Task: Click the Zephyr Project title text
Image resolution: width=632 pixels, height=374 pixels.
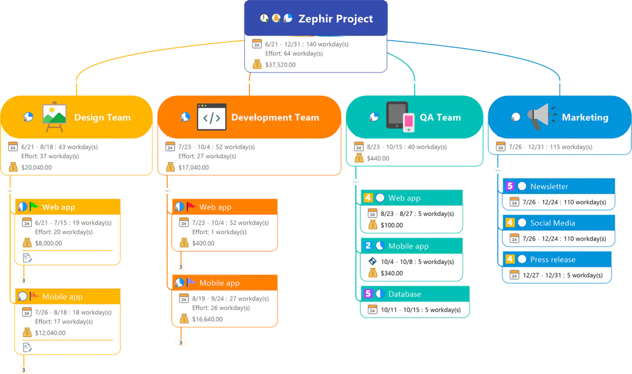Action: coord(335,19)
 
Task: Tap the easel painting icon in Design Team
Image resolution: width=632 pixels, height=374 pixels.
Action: coord(54,117)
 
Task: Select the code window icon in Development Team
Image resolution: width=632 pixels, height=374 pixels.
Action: coord(212,117)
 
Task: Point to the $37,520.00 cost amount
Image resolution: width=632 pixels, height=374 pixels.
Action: coord(280,65)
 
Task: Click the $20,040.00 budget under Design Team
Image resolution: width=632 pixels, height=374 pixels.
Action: coord(37,167)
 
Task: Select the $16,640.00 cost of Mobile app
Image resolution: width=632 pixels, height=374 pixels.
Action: coord(207,319)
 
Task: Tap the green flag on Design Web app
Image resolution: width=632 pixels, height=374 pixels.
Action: coord(34,206)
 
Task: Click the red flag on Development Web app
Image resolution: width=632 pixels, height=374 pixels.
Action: coord(191,206)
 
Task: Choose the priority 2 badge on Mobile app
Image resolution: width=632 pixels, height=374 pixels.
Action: coord(368,246)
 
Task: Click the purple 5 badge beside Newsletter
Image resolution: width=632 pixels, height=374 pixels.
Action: coord(510,186)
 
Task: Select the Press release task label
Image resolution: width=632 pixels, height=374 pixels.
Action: coord(553,259)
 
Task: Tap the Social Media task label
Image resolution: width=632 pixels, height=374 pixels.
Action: coord(553,223)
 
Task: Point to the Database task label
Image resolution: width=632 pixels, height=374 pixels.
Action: coord(405,294)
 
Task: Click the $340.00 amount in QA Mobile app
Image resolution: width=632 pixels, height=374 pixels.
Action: coord(392,273)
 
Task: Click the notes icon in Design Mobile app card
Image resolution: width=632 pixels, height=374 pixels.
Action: coord(27,348)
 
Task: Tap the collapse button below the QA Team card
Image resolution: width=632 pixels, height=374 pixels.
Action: coord(356,182)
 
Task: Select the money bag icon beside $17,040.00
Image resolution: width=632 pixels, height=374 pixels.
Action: coord(171,167)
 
